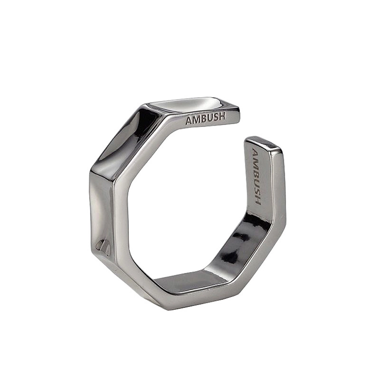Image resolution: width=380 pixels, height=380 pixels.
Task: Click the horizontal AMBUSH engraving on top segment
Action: pyautogui.click(x=206, y=118)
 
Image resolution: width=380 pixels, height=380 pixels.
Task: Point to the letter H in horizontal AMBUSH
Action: pyautogui.click(x=222, y=116)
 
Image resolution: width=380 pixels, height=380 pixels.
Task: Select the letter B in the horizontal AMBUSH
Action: pyautogui.click(x=204, y=119)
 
